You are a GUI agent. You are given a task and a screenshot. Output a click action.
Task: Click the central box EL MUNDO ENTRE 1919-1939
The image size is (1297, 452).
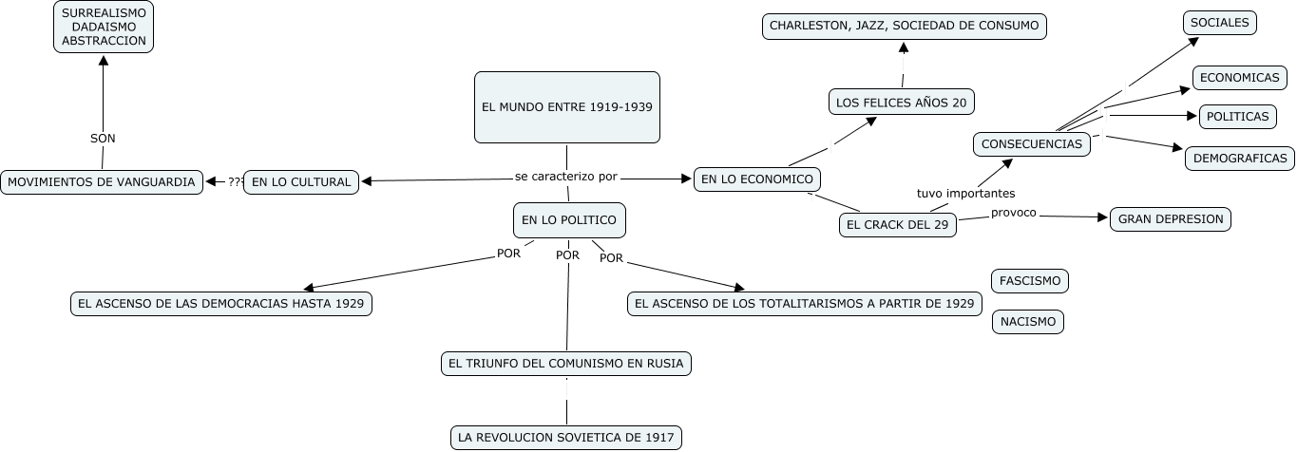567,107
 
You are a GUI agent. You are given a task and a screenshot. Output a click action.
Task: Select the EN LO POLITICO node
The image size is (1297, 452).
568,220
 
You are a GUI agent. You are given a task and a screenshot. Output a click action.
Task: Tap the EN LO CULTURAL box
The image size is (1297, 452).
301,181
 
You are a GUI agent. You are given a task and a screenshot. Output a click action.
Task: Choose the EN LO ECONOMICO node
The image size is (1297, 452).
756,179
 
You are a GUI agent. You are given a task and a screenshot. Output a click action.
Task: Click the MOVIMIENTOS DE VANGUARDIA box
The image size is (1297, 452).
102,181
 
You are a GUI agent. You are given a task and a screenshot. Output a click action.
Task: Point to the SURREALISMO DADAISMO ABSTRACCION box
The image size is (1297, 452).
103,27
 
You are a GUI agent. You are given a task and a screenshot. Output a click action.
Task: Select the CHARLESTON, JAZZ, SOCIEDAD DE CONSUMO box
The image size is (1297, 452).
904,26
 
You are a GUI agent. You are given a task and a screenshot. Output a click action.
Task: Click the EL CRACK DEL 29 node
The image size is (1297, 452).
898,224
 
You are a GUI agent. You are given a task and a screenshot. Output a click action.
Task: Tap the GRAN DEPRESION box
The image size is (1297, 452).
1171,218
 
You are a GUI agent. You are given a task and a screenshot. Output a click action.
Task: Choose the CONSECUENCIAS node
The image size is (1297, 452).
1031,144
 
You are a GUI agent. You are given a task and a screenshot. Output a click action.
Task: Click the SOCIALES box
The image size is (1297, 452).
1220,23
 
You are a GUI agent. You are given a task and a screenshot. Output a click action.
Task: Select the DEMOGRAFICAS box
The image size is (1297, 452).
1239,158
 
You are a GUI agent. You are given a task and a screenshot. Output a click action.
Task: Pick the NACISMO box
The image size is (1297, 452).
1027,322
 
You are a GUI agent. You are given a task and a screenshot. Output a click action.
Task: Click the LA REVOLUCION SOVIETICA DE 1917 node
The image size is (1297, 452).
565,438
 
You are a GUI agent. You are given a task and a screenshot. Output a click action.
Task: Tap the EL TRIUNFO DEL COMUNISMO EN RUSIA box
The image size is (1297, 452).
566,363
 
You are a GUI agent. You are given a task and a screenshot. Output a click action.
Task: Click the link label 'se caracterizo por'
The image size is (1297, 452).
565,176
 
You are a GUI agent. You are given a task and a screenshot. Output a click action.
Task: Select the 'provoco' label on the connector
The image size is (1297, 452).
1013,213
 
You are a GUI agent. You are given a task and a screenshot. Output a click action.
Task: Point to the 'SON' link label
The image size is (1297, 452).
103,138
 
